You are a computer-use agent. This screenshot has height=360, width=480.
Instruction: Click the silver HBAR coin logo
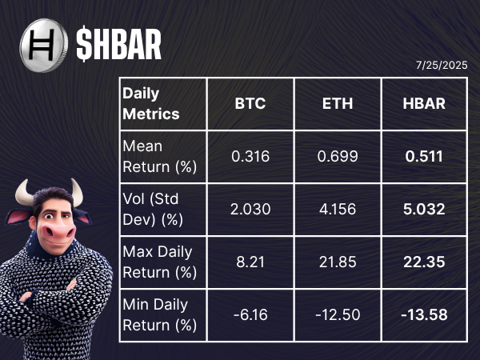coord(44,46)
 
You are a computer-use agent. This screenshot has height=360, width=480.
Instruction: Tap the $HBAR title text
coord(118,44)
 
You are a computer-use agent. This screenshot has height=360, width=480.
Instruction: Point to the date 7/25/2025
coord(442,66)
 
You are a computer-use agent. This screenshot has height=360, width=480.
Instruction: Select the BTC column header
coord(250,103)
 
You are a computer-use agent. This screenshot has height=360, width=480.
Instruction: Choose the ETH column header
coord(338,103)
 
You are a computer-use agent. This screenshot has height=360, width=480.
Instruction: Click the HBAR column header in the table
coord(424,103)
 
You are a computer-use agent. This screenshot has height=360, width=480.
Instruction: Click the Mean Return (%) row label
coord(159,157)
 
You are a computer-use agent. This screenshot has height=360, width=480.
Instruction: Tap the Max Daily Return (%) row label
coord(159,262)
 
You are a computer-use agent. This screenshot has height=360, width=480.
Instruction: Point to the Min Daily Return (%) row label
coord(159,315)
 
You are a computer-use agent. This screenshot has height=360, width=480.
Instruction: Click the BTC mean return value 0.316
coord(250,157)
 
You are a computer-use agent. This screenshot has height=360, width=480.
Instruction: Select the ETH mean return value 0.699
coord(338,157)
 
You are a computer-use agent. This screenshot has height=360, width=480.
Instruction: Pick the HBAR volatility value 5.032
coord(424,210)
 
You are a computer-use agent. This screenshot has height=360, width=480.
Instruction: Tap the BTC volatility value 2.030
coord(250,210)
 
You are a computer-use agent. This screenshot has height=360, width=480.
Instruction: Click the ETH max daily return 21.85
coord(338,262)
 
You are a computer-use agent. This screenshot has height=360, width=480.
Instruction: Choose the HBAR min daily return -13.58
coord(424,315)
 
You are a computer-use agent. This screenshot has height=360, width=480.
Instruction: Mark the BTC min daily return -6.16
coord(250,315)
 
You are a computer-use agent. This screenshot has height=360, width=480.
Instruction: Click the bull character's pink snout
coord(58,232)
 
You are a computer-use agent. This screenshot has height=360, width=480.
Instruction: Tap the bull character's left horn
coord(24,193)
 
